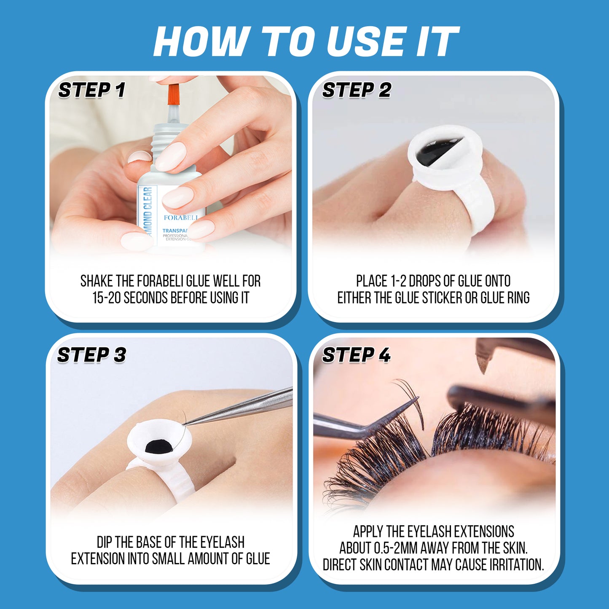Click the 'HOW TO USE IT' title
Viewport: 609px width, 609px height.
pyautogui.click(x=306, y=41)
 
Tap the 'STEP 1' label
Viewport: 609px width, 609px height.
pyautogui.click(x=91, y=90)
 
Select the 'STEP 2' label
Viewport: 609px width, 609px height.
pyautogui.click(x=357, y=90)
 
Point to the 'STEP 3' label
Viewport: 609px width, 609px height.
pyautogui.click(x=91, y=355)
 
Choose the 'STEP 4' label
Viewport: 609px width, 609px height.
pyautogui.click(x=356, y=355)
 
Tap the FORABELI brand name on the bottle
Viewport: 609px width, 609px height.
pyautogui.click(x=180, y=218)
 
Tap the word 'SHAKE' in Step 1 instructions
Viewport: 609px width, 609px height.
pyautogui.click(x=97, y=281)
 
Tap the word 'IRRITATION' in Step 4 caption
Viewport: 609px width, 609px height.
pyautogui.click(x=516, y=565)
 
